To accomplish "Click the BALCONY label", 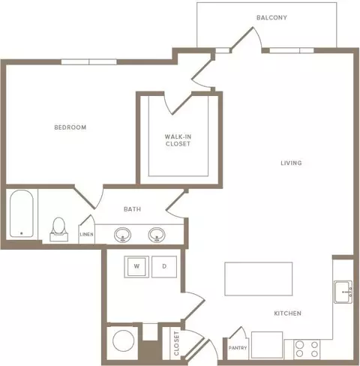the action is tap(271, 17).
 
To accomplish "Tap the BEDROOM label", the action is tap(70, 127).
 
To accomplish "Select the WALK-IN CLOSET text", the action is tap(178, 140).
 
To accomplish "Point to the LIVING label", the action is tap(291, 163).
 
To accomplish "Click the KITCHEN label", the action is tap(287, 313).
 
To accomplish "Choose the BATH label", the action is tap(132, 209).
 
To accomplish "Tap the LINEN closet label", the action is tap(86, 234).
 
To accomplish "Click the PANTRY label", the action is tap(238, 348).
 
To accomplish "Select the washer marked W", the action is tap(136, 266).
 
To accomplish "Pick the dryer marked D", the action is tap(164, 266).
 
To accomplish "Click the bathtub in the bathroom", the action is tap(22, 214).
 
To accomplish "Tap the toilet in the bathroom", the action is tap(59, 229).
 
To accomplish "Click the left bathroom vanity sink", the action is tap(122, 235).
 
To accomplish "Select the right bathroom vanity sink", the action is tap(157, 235).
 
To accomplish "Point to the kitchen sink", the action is tap(343, 292).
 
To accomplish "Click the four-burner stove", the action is tap(307, 349).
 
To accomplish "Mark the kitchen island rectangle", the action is tap(259, 279).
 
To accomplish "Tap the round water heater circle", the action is tap(124, 340).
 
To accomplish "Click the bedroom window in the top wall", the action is tap(89, 61).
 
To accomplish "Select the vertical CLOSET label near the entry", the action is tap(176, 343).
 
